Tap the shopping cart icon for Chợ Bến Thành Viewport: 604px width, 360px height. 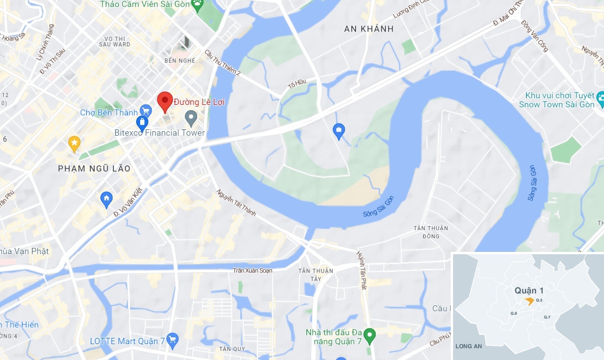146,110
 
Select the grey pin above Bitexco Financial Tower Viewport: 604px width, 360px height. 191,118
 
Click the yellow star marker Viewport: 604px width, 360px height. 74,143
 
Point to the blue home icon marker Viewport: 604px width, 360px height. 106,199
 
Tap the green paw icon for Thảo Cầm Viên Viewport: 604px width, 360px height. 198,5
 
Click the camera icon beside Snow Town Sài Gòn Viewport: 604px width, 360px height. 601,98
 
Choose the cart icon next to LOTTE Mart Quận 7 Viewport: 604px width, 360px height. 172,340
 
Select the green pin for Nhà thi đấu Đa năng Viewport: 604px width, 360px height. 370,335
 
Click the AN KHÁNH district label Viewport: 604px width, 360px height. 369,29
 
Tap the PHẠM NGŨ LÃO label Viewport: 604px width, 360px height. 94,169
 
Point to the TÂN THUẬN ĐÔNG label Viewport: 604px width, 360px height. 431,232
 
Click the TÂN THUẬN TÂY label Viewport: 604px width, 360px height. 316,275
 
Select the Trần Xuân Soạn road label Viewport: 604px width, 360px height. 253,270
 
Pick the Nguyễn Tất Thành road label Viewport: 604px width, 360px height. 236,203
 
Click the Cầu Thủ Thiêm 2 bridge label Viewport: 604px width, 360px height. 222,62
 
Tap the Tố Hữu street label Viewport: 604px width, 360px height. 297,85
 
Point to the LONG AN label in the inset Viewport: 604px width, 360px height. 468,346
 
